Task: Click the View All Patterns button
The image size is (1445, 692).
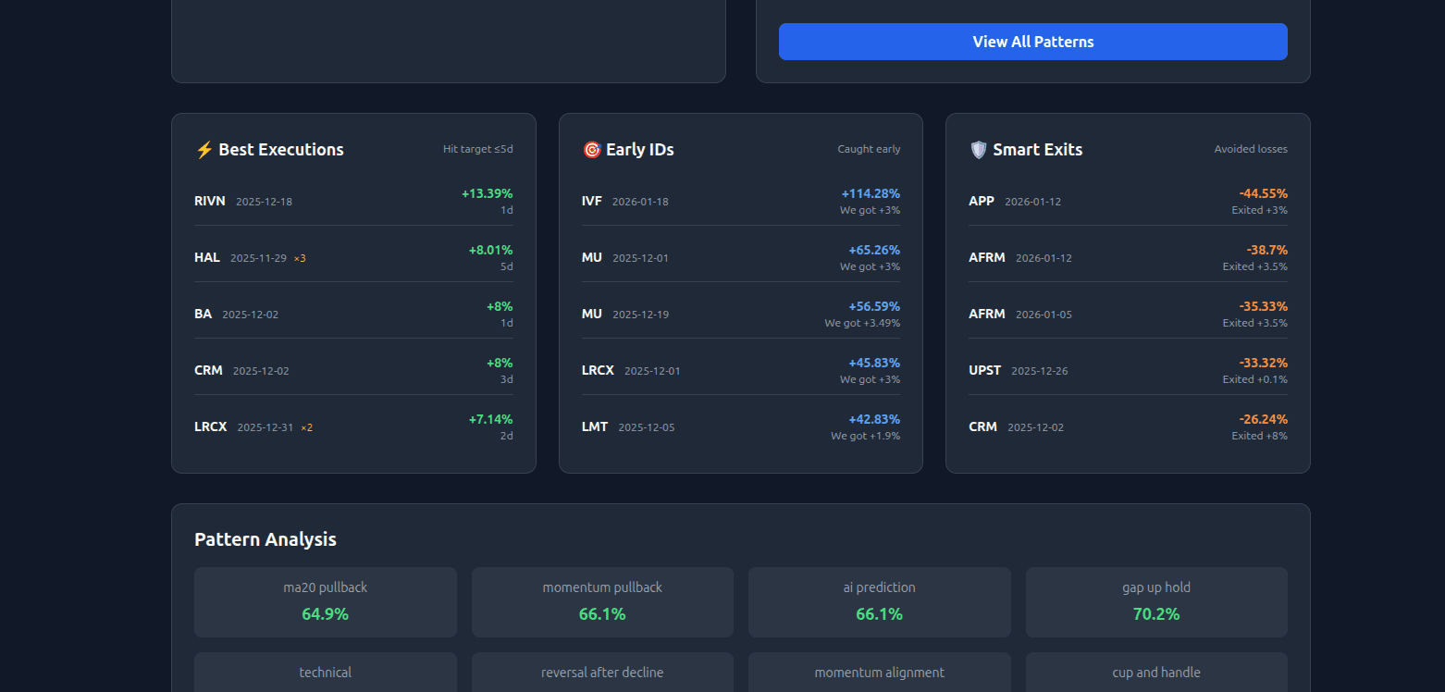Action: click(x=1032, y=42)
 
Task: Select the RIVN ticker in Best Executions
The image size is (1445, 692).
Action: click(x=209, y=201)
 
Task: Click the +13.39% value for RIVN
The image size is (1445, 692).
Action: click(x=487, y=193)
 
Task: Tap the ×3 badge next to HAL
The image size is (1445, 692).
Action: click(x=300, y=258)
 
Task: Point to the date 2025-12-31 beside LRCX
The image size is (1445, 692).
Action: click(x=265, y=427)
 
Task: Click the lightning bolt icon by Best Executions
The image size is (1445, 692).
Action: click(x=204, y=150)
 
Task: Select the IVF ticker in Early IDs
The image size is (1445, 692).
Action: click(x=592, y=201)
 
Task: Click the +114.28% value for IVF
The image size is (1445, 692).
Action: click(x=871, y=193)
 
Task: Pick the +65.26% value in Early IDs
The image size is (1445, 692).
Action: click(x=873, y=250)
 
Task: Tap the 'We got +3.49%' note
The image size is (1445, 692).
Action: click(x=862, y=323)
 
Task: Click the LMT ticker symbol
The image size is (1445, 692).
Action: click(x=595, y=426)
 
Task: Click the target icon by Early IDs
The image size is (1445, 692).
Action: click(x=592, y=150)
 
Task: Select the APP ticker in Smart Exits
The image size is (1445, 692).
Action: click(x=982, y=201)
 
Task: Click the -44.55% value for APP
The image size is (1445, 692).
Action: click(x=1263, y=193)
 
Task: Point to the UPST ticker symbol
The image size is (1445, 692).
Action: click(x=984, y=370)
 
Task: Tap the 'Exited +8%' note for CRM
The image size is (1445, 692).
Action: click(x=1259, y=436)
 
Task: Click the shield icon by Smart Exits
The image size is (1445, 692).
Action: click(x=979, y=150)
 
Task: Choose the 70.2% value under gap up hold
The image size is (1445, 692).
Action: click(x=1155, y=613)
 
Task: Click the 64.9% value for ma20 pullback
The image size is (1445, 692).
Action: click(x=325, y=613)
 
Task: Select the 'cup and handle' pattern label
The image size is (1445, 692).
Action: click(x=1155, y=673)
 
